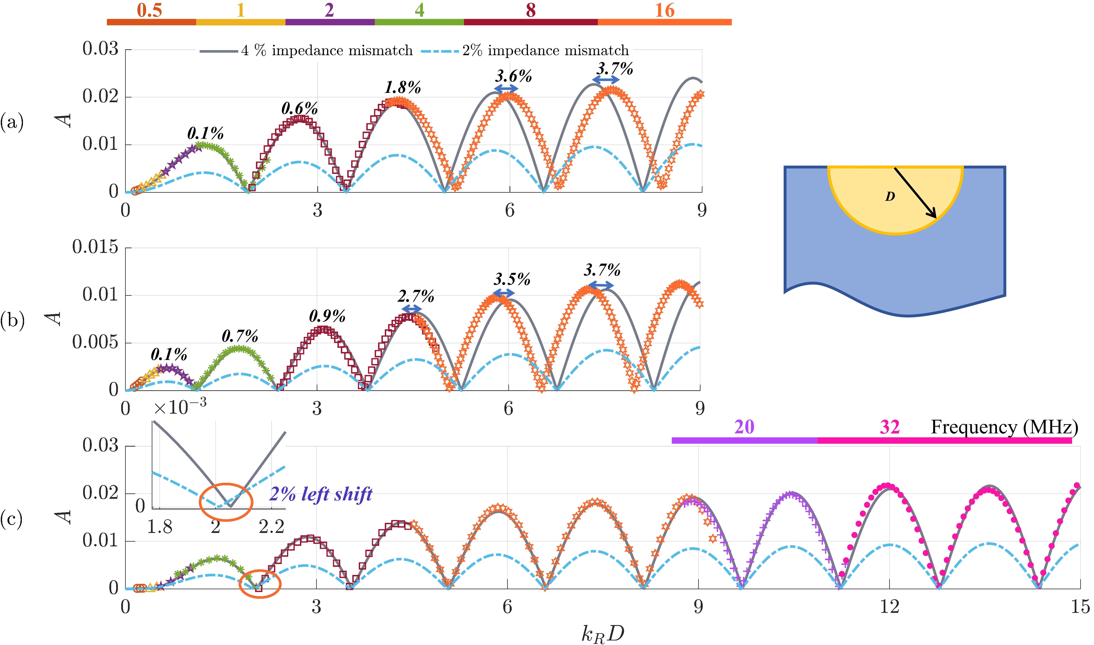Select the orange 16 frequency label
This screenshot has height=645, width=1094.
point(665,10)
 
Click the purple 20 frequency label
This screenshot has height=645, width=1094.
point(744,427)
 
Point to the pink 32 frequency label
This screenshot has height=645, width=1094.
point(889,427)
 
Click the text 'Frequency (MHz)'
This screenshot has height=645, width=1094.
point(1004,427)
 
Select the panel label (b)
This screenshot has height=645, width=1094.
point(12,320)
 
